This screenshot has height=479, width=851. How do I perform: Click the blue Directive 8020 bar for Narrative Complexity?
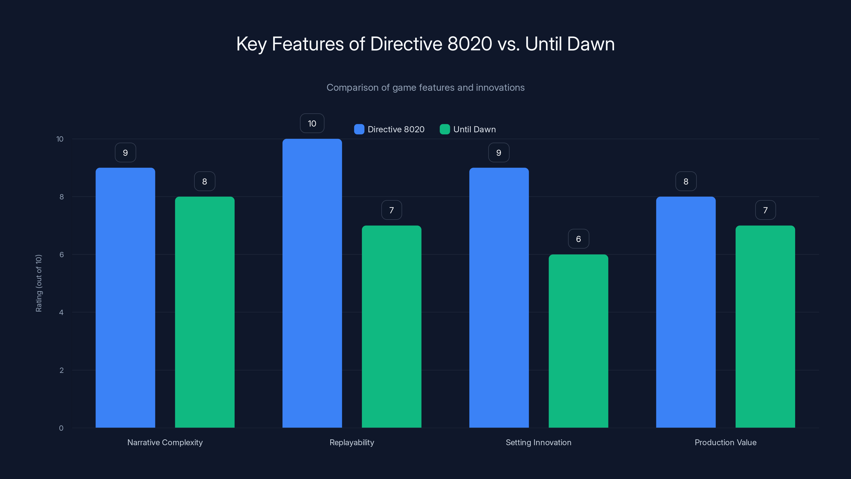[125, 298]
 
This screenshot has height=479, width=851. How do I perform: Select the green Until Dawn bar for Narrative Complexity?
[205, 312]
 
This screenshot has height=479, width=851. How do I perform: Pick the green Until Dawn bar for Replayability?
[391, 327]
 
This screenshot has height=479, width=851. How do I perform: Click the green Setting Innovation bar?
[578, 341]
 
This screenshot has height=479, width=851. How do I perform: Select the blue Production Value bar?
[686, 312]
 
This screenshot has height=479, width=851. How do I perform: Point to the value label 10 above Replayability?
[312, 123]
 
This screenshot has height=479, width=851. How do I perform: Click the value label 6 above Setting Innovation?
[578, 239]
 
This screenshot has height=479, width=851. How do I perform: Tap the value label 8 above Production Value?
[686, 181]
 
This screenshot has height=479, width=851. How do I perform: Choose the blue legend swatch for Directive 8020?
[359, 129]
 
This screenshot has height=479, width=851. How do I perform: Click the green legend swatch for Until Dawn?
[445, 129]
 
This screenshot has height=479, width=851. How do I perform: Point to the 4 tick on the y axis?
[61, 312]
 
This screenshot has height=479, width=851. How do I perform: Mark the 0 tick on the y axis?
[61, 428]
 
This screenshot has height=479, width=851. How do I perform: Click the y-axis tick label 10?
[60, 139]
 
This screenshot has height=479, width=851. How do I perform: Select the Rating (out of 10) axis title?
[39, 283]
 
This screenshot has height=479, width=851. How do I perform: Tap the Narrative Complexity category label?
[165, 442]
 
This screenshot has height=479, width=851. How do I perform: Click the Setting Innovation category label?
[539, 442]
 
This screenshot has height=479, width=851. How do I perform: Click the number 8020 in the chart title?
[469, 44]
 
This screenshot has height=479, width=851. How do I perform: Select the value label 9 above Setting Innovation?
[499, 152]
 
